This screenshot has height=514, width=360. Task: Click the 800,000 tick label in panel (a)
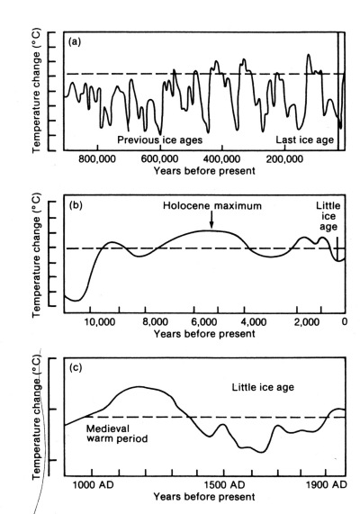97,159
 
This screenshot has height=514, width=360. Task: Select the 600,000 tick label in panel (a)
159,159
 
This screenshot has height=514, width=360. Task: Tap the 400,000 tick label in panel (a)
222,159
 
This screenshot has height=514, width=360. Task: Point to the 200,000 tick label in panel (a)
284,159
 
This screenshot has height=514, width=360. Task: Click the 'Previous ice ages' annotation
160,140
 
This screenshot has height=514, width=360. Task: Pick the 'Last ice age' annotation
304,140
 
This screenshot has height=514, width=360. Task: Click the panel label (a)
75,42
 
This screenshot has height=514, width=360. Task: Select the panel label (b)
76,205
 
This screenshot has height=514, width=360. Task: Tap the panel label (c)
76,368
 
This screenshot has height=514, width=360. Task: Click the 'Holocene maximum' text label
212,206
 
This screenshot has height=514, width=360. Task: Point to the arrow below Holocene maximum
211,220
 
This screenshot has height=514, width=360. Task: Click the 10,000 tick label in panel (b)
100,322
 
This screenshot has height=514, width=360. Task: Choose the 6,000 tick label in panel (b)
203,322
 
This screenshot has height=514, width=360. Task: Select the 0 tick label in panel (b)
345,321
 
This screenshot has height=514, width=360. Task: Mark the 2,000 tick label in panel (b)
307,322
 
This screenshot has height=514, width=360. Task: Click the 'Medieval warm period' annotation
117,434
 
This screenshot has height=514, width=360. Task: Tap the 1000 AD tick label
93,484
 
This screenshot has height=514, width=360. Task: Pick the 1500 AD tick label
225,484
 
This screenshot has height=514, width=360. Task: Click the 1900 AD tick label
327,484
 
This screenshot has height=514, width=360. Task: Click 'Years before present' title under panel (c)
204,497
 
